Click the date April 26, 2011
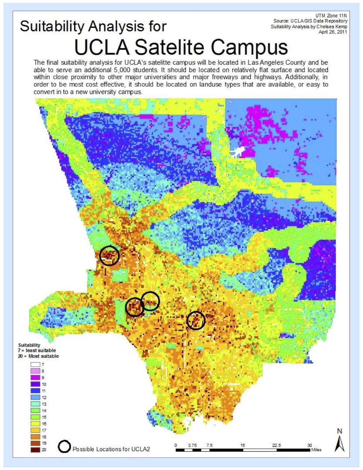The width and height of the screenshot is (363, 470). [332, 32]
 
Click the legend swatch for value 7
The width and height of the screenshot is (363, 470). [35, 365]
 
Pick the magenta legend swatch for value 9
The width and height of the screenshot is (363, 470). [35, 378]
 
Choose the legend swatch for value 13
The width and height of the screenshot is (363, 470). [35, 404]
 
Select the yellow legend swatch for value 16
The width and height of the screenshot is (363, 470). [35, 424]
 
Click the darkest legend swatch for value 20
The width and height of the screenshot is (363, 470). [35, 449]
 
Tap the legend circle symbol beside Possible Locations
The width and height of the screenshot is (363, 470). [64, 446]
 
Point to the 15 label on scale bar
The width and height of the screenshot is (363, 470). [243, 445]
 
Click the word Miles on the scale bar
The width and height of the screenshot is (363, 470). [316, 450]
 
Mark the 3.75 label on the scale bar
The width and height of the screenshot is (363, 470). [192, 445]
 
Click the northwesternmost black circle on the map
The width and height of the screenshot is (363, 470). [109, 256]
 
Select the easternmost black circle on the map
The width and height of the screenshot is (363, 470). [196, 320]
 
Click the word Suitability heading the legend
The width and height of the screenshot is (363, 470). [29, 345]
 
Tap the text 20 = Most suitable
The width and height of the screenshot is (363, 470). [38, 356]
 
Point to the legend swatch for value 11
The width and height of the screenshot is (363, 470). [35, 391]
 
